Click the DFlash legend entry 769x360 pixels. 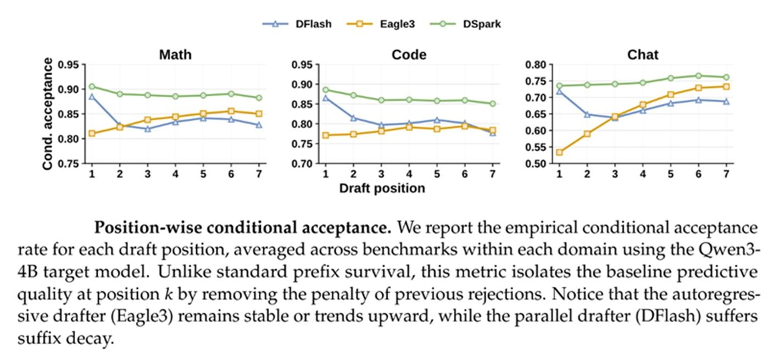coord(297,24)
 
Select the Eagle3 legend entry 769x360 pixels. coord(381,24)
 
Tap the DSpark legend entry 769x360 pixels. coord(466,24)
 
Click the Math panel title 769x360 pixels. coord(175,54)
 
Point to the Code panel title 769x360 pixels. coord(409,54)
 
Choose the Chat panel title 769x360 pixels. coord(643,54)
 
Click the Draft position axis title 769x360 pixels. coord(382,188)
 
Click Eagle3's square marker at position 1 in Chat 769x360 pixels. coord(559,152)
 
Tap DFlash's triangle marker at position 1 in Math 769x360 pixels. coord(92,97)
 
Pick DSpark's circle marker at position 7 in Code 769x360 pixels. coord(492,103)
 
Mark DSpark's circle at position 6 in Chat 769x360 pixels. coord(698,76)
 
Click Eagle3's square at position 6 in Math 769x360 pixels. coord(231,111)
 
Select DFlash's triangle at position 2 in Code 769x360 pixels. coord(353,118)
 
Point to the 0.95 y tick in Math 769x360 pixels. coord(68,65)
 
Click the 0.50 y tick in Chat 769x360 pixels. coord(536,164)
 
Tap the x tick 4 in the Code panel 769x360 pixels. coord(409,174)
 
